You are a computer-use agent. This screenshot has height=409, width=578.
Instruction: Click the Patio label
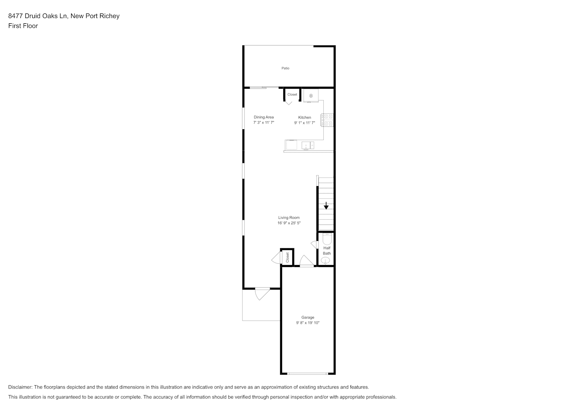click(285, 68)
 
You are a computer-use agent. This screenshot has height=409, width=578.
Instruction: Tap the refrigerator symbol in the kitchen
click(311, 96)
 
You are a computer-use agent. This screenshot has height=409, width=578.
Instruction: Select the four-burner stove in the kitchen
click(327, 120)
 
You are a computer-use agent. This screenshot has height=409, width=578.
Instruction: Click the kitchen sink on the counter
click(308, 146)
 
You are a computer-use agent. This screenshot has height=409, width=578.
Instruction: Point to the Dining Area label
click(264, 117)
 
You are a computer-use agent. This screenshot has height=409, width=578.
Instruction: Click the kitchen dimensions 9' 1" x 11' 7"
click(305, 123)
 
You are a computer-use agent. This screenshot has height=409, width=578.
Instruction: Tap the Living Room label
click(289, 218)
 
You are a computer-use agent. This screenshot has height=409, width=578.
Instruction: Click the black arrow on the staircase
click(326, 206)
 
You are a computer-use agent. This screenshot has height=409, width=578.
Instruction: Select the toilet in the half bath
click(327, 239)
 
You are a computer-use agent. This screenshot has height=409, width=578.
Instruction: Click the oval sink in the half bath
click(325, 261)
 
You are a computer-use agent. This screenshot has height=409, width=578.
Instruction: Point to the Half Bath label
click(327, 251)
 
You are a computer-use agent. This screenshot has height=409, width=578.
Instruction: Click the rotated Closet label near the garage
click(287, 257)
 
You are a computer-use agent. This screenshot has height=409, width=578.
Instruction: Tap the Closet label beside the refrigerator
click(292, 94)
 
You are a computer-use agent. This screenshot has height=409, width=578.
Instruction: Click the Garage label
click(307, 317)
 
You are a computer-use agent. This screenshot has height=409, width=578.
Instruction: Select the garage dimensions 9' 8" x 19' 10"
click(307, 323)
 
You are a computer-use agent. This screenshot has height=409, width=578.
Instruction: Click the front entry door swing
click(262, 294)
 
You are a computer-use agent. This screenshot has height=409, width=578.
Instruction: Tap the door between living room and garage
click(307, 261)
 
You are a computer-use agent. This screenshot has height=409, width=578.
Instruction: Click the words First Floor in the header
click(23, 26)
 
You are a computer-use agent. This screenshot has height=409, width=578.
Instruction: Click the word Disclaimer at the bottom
click(20, 387)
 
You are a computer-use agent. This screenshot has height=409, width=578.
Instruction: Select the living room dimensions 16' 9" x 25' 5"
click(289, 223)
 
